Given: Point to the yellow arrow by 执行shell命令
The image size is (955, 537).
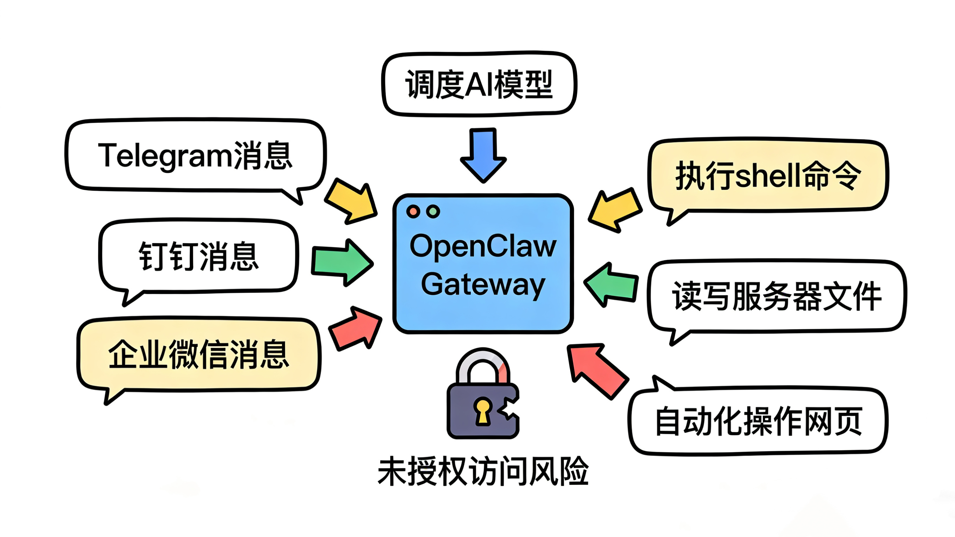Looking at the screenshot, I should [x=615, y=210].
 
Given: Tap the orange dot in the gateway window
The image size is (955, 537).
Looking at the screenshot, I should [x=413, y=211].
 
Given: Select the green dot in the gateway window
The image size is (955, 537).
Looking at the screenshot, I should [x=433, y=211].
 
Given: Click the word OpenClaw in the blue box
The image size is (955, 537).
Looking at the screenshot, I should [x=483, y=246].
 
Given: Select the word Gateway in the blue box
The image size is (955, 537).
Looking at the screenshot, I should [x=483, y=285].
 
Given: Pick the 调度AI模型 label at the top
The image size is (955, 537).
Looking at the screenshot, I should [x=479, y=85].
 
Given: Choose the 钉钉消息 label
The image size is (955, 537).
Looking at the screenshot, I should [x=199, y=256].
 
